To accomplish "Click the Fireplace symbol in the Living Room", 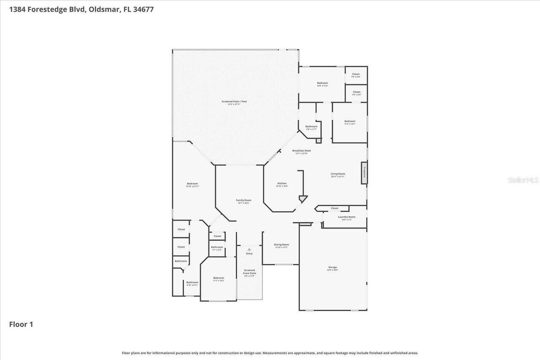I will [x=363, y=173].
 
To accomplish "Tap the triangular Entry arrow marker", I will [x=249, y=250].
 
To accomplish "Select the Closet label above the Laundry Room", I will [x=335, y=208].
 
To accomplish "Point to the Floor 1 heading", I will [x=21, y=324].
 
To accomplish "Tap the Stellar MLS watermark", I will [x=523, y=180].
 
